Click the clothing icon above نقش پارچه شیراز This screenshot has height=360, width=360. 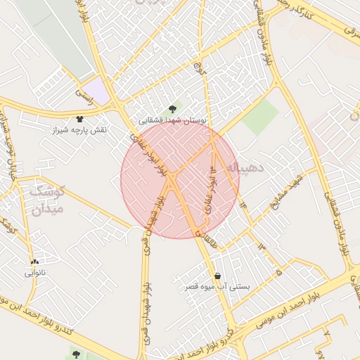coord(79,118)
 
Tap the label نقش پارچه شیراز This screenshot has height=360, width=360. coord(79,131)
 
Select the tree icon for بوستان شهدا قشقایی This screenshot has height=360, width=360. coord(173,108)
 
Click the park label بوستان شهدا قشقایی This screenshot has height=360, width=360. coord(173,121)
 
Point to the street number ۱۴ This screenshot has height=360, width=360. coord(243,205)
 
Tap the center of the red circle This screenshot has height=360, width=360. coord(179,179)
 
